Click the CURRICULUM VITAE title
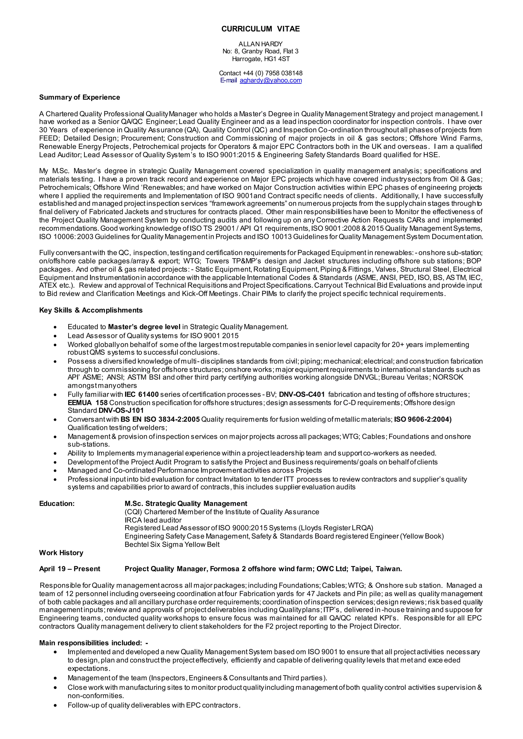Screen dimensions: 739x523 pos(260,29)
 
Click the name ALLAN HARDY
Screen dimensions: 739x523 pos(260,44)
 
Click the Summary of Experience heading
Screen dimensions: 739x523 pos(79,97)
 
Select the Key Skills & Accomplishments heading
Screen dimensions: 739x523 pos(91,310)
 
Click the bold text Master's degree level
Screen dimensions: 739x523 pos(144,327)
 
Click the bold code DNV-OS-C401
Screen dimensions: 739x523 pos(302,395)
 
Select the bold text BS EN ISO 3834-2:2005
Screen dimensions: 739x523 pos(160,419)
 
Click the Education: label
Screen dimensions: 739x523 pos(57,504)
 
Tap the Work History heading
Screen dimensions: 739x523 pos(61,553)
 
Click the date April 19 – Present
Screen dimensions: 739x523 pos(69,569)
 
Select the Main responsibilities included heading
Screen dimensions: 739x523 pos(93,643)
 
